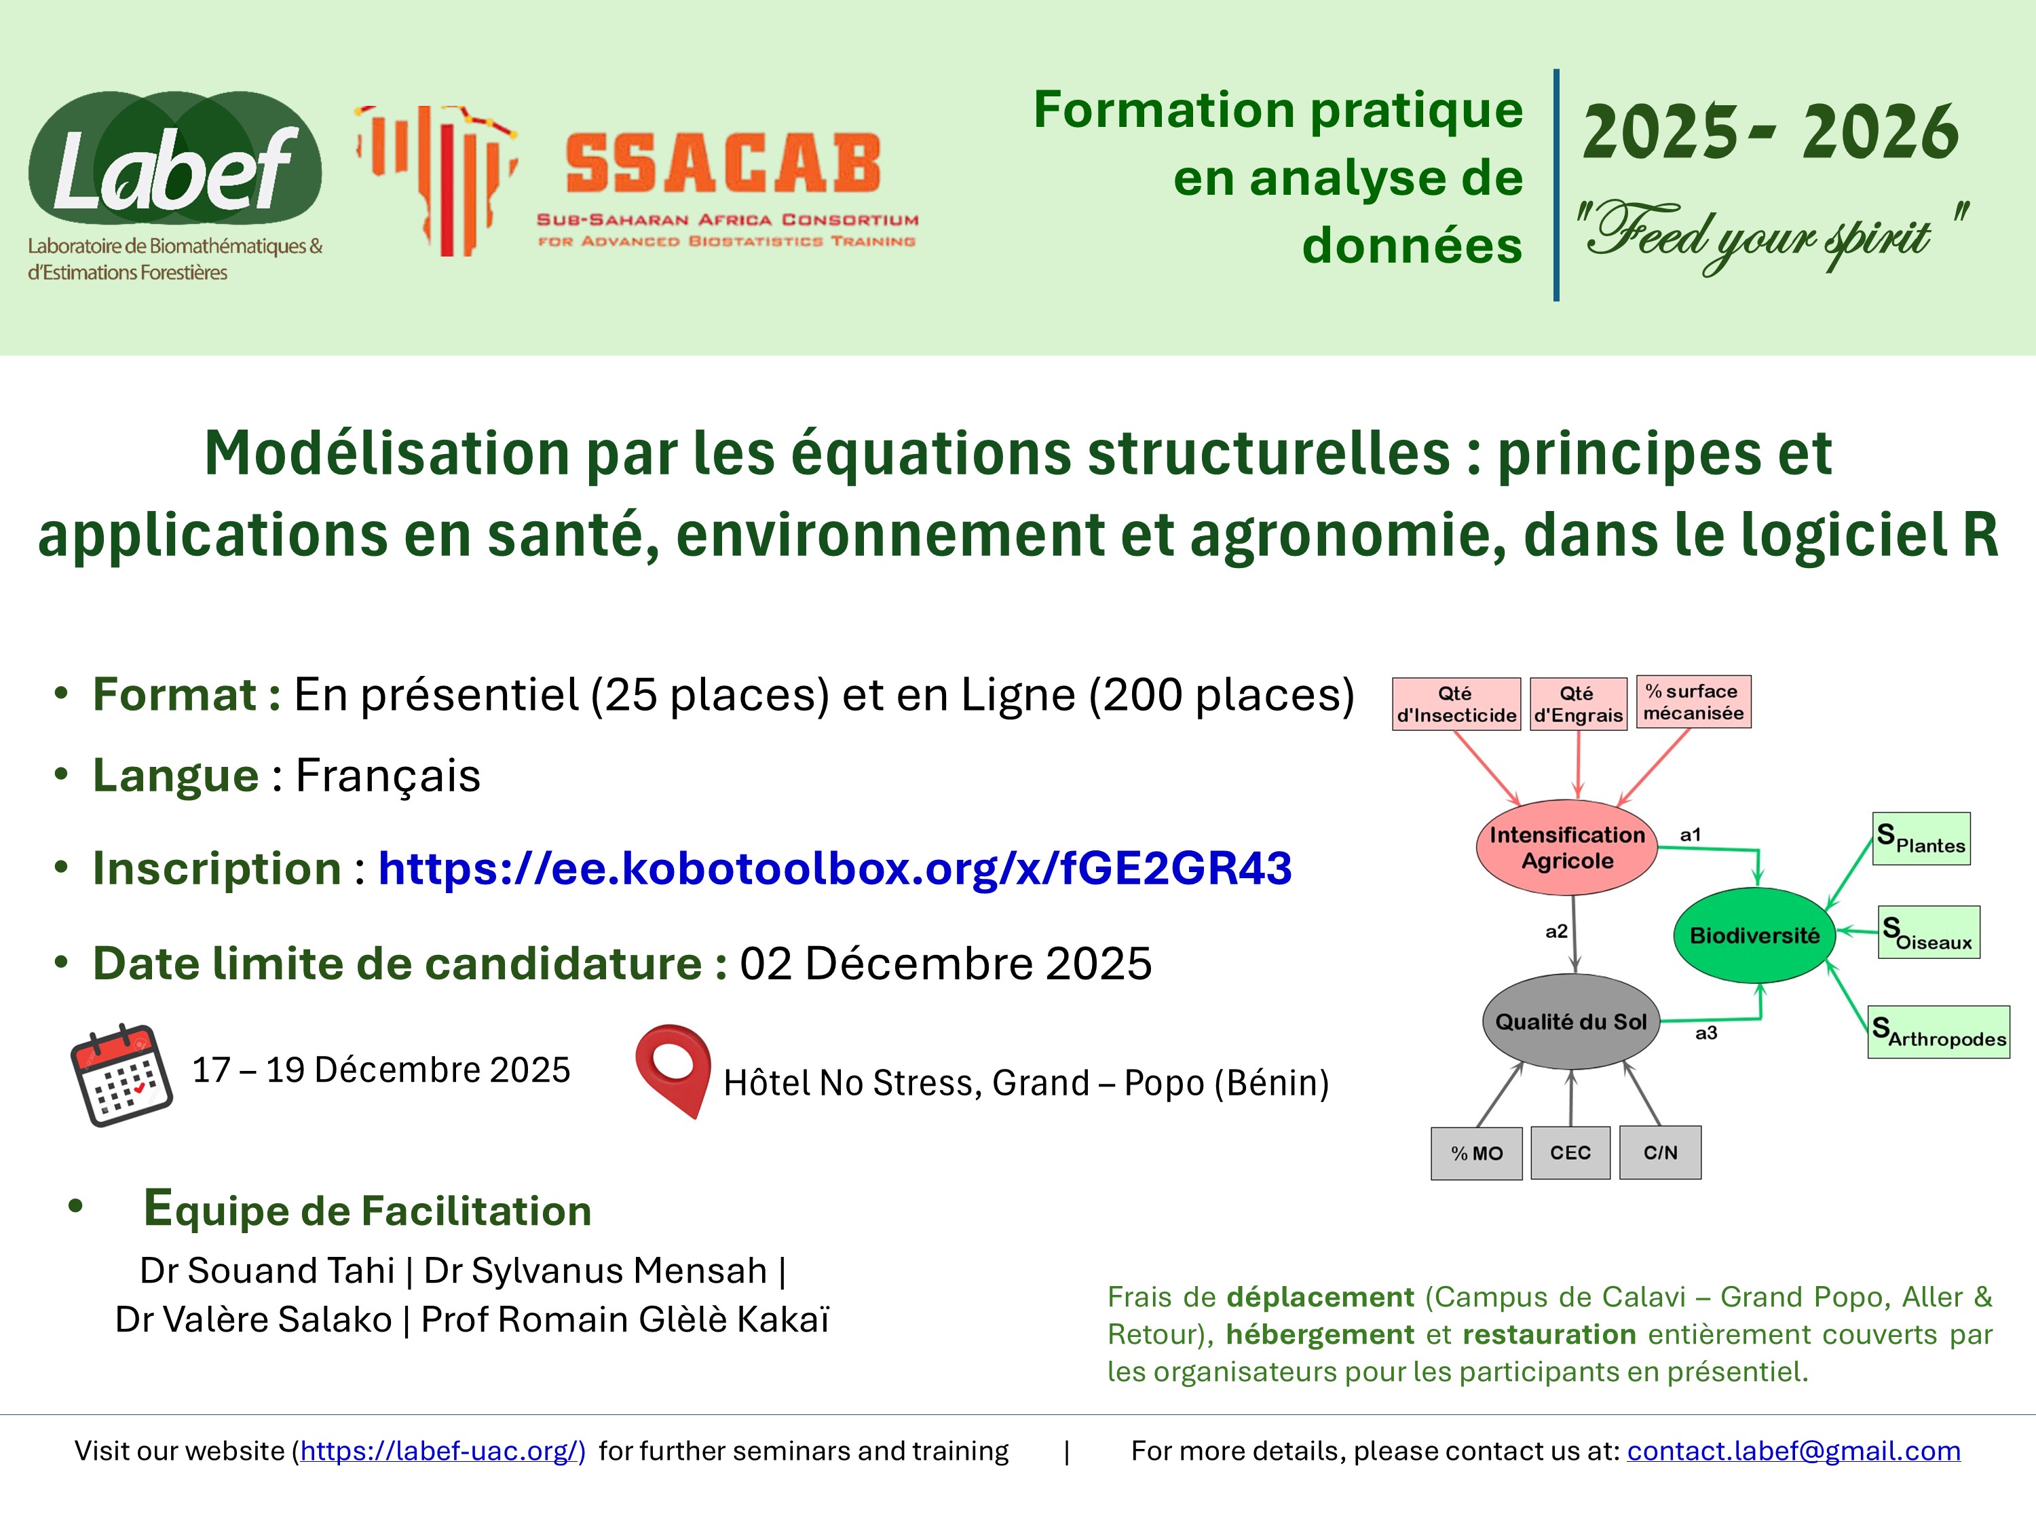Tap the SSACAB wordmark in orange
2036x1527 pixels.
[x=723, y=164]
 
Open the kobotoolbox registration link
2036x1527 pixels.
[x=834, y=869]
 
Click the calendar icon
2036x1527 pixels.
[x=121, y=1074]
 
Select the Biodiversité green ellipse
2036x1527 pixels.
[x=1754, y=935]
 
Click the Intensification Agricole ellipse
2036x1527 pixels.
[x=1566, y=848]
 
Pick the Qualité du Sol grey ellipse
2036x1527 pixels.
[x=1570, y=1021]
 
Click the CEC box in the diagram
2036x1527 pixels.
[x=1570, y=1152]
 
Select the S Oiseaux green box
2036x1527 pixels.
[x=1928, y=932]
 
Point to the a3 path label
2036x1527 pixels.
[x=1706, y=1033]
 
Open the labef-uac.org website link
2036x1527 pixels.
[x=442, y=1450]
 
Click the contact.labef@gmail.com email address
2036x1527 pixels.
[x=1793, y=1450]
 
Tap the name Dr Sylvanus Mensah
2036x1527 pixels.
[x=595, y=1270]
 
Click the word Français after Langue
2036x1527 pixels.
[x=388, y=775]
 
